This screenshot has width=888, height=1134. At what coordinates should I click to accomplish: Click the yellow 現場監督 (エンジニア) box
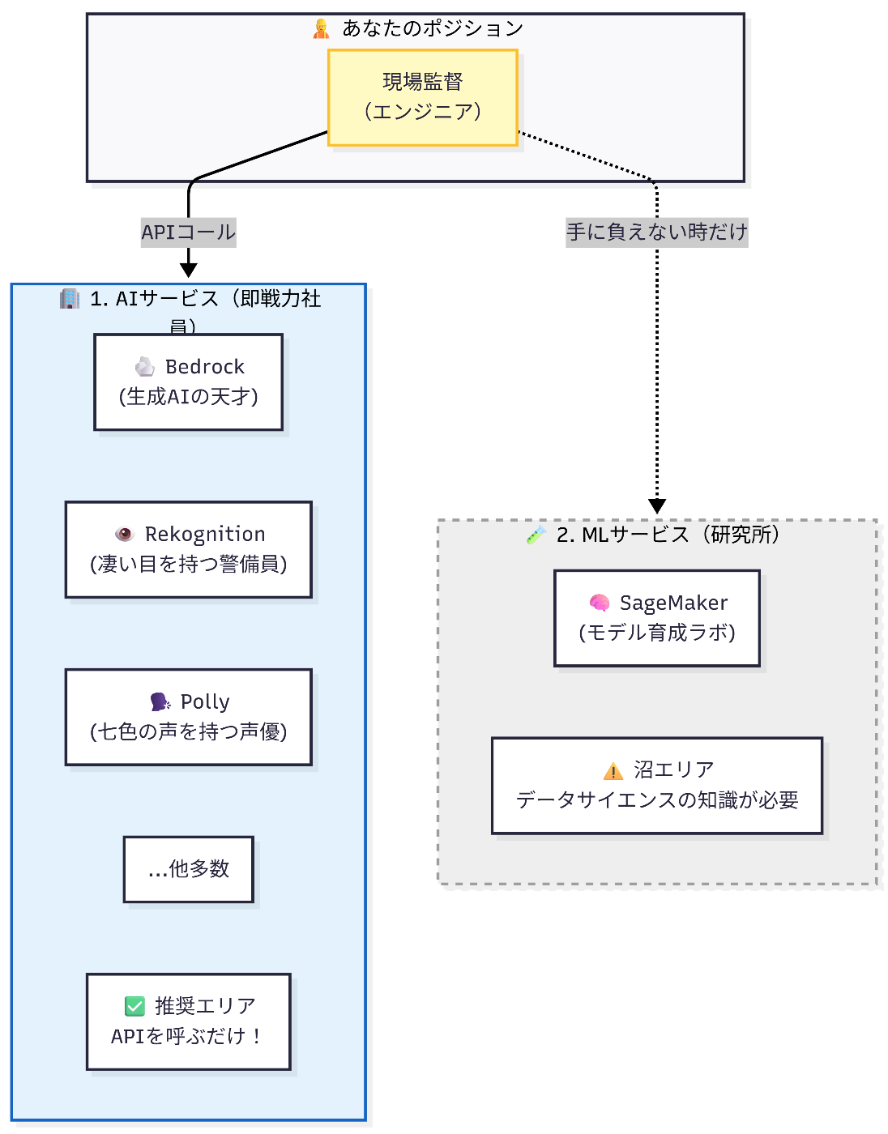tap(422, 97)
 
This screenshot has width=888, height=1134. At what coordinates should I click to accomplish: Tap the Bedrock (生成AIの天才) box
tap(188, 382)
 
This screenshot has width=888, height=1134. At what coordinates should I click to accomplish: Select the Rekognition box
tap(188, 549)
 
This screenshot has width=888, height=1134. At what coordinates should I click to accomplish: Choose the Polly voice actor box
tap(188, 717)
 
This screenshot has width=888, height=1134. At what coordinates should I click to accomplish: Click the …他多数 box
tap(188, 869)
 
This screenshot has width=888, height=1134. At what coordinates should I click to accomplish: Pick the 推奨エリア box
tap(188, 1021)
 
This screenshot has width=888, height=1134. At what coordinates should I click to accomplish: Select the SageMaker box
tap(656, 618)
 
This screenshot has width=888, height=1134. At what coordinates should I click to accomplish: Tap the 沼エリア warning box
tap(656, 785)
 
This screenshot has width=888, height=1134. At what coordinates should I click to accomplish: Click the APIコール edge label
tap(188, 232)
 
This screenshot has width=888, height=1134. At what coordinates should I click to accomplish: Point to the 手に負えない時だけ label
tap(656, 232)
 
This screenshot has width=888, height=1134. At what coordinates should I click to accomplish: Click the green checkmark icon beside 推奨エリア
tap(134, 1006)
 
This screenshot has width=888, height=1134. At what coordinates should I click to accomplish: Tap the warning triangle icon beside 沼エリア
tap(613, 770)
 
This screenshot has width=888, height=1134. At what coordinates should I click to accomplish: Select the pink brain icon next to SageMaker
tap(600, 603)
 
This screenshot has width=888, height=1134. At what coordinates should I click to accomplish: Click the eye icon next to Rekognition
tap(124, 534)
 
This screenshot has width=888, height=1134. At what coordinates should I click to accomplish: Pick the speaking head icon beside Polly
tap(160, 701)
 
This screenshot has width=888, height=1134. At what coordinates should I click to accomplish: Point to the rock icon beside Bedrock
tap(145, 367)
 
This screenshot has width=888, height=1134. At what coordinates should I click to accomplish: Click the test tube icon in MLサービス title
tap(536, 535)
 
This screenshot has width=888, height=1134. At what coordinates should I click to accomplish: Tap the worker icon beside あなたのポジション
tap(322, 29)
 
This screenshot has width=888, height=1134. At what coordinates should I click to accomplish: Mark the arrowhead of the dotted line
tap(657, 506)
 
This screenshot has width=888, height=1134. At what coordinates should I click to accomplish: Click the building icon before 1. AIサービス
tap(70, 299)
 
